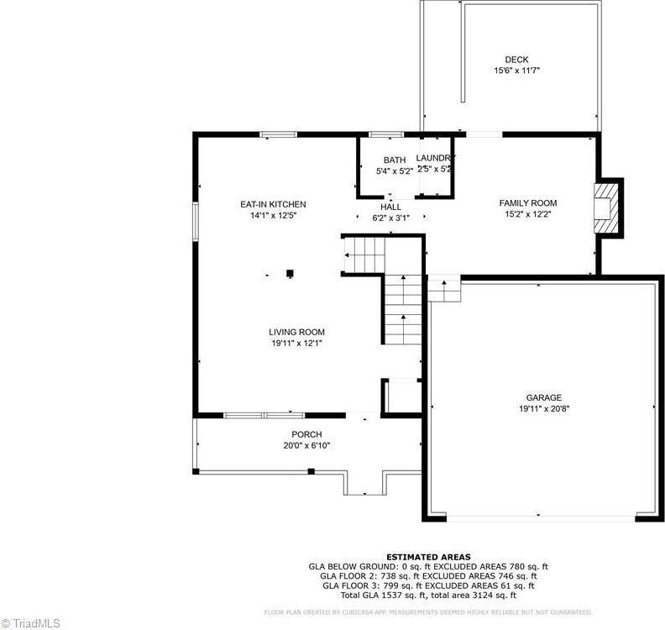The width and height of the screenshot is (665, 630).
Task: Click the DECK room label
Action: point(516,60)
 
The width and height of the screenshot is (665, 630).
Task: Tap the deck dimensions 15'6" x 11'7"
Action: point(516,71)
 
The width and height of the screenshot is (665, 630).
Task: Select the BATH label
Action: point(395,160)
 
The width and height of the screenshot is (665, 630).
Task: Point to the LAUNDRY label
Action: point(436,158)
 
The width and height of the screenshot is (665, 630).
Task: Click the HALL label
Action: point(391,207)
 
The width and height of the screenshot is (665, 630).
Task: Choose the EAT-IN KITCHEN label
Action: point(273,204)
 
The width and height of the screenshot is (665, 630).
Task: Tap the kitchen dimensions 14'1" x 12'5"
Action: point(273,215)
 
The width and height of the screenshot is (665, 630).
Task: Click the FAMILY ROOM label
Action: point(528,203)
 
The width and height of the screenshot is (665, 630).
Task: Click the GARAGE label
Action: point(544,398)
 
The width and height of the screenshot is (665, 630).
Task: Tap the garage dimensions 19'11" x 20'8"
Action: point(544,409)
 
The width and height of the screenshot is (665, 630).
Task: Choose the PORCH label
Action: point(306,434)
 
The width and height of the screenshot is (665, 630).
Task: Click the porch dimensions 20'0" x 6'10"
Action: point(306,445)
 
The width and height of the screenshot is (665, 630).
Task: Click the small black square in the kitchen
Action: point(290,272)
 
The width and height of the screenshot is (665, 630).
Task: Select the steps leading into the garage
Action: point(444,290)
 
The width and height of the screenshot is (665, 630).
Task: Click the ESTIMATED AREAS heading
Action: point(428,557)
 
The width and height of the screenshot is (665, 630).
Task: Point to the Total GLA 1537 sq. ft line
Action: point(428,595)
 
